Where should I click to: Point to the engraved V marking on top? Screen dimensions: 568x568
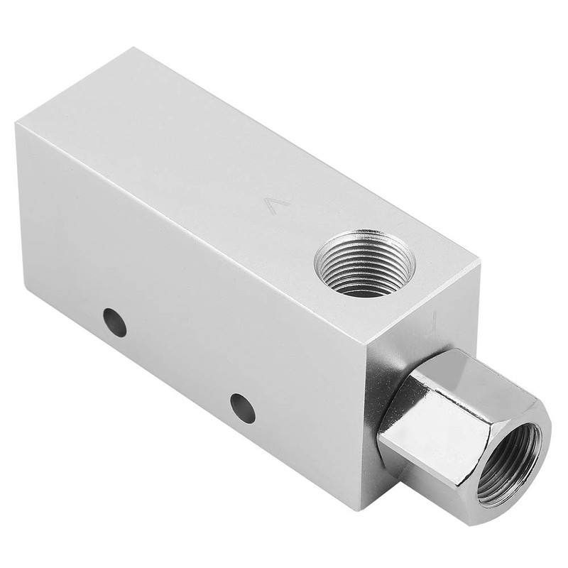276,205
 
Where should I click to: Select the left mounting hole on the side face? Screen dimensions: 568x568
114,322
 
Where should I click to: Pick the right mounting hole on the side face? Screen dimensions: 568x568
243,408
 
